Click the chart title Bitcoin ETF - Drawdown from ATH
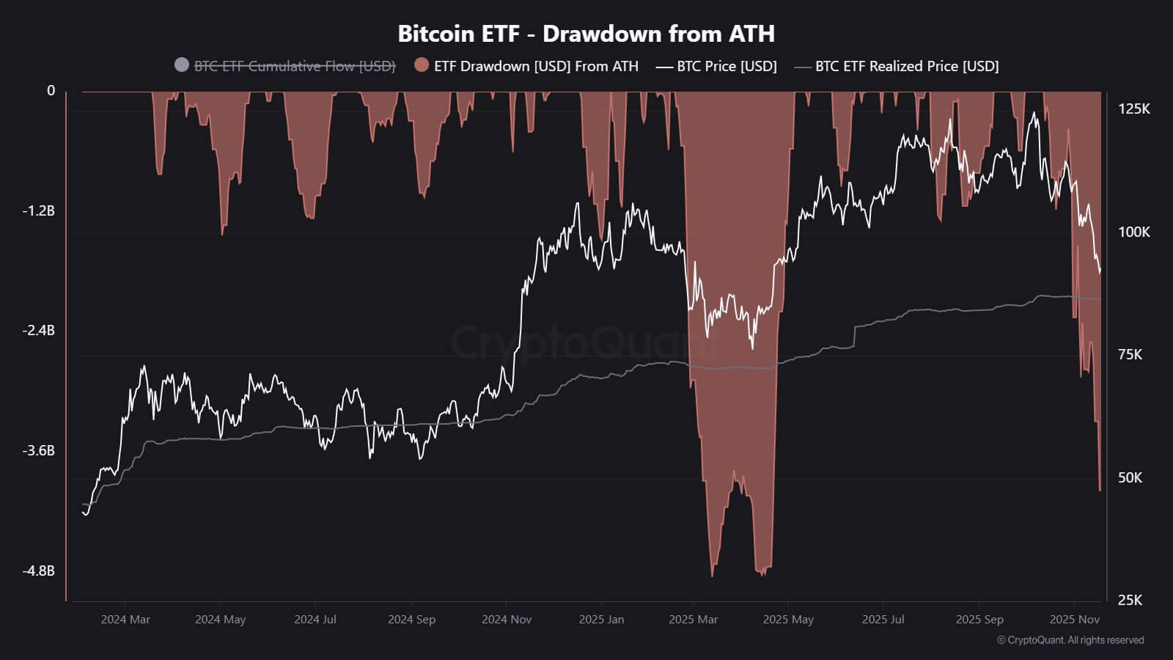tap(586, 34)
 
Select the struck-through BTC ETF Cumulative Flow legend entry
tap(294, 66)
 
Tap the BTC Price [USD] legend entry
tap(726, 66)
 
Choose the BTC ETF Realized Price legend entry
tap(906, 66)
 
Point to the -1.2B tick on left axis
tap(38, 211)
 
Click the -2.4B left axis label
tap(38, 331)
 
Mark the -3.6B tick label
tap(38, 450)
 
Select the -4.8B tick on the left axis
tap(38, 571)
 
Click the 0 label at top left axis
tap(51, 91)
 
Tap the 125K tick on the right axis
tap(1133, 109)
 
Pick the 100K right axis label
tap(1133, 232)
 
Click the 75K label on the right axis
tap(1130, 355)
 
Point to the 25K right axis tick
tap(1130, 601)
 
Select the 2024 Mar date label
tap(125, 620)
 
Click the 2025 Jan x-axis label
tap(601, 620)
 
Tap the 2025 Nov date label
tap(1074, 620)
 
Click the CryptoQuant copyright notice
tap(1070, 640)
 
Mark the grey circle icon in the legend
tap(182, 65)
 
